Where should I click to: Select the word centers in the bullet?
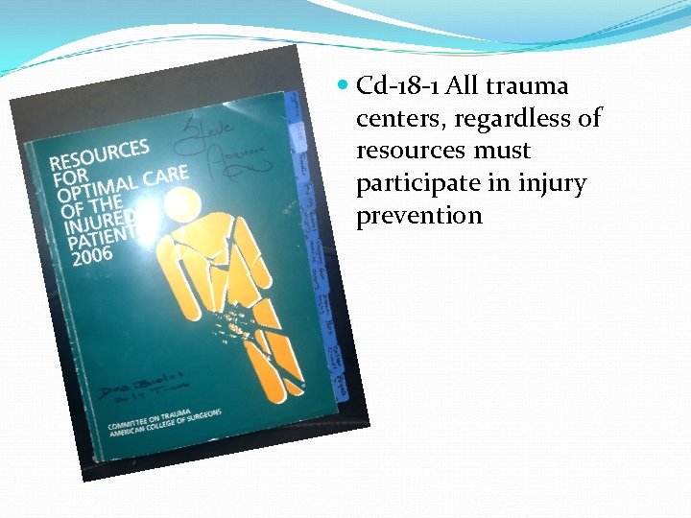[394, 119]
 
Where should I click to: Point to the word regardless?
[507, 119]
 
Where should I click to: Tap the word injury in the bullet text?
[551, 184]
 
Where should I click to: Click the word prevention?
[419, 216]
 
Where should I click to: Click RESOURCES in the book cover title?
[102, 158]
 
